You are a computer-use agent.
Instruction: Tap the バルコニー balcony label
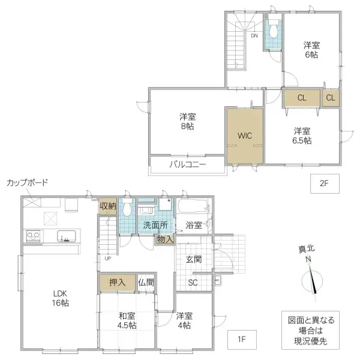click(x=187, y=164)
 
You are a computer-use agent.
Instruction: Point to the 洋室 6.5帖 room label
click(x=302, y=136)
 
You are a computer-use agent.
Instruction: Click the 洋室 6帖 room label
click(x=310, y=50)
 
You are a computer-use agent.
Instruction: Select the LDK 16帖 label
click(x=60, y=298)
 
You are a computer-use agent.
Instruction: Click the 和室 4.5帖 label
click(x=127, y=321)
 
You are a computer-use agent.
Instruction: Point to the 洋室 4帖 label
click(x=184, y=321)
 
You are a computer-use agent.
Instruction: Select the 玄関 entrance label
click(x=193, y=259)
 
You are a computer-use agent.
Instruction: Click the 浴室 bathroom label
click(x=193, y=225)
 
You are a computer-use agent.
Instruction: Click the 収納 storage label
click(x=108, y=205)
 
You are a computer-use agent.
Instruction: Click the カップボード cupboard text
click(x=27, y=182)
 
